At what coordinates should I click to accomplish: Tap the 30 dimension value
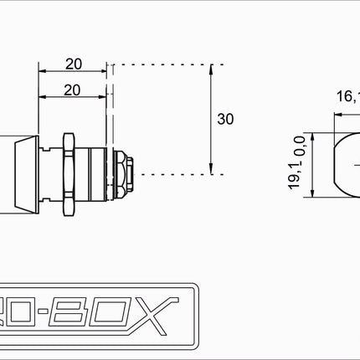point(225,119)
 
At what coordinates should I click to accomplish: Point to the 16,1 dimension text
point(347,96)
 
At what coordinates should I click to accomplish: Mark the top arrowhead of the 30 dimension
point(210,67)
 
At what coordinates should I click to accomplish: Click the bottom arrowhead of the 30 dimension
point(210,171)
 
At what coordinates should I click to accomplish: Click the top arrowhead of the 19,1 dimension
point(310,135)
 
